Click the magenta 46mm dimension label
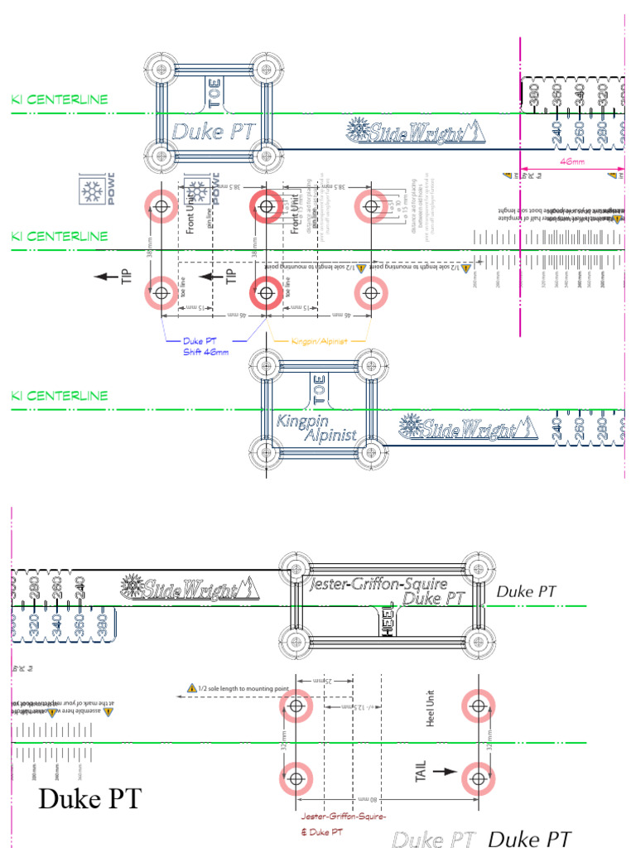point(572,162)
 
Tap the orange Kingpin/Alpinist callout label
point(318,340)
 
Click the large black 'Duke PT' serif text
point(90,800)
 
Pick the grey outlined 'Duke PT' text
point(434,839)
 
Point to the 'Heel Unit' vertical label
point(431,709)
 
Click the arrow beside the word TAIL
point(445,771)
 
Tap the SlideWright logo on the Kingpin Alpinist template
point(462,427)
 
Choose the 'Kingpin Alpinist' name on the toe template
point(316,427)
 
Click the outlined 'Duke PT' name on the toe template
point(213,130)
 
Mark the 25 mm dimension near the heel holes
point(326,681)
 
